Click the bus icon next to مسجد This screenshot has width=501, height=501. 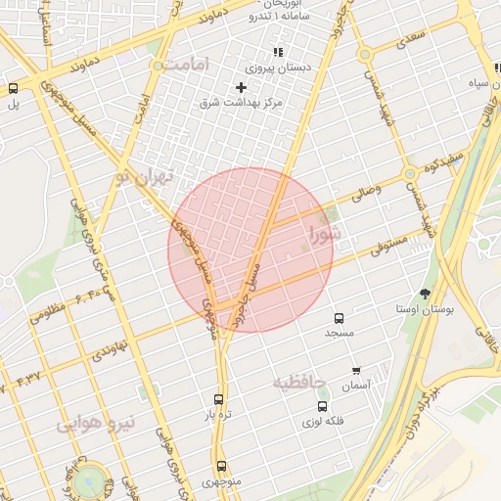tap(340, 319)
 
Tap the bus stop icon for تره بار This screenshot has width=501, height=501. tap(218, 399)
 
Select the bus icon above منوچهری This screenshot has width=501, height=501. tap(222, 467)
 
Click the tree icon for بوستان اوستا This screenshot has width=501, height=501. tap(426, 293)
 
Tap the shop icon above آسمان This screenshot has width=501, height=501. tap(356, 371)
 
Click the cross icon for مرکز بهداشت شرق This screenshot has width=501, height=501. tap(242, 87)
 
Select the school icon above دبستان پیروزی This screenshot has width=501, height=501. tap(278, 53)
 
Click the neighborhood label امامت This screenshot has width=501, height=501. tap(189, 64)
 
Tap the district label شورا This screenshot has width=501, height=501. tap(326, 235)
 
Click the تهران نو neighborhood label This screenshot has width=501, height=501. tap(143, 178)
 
